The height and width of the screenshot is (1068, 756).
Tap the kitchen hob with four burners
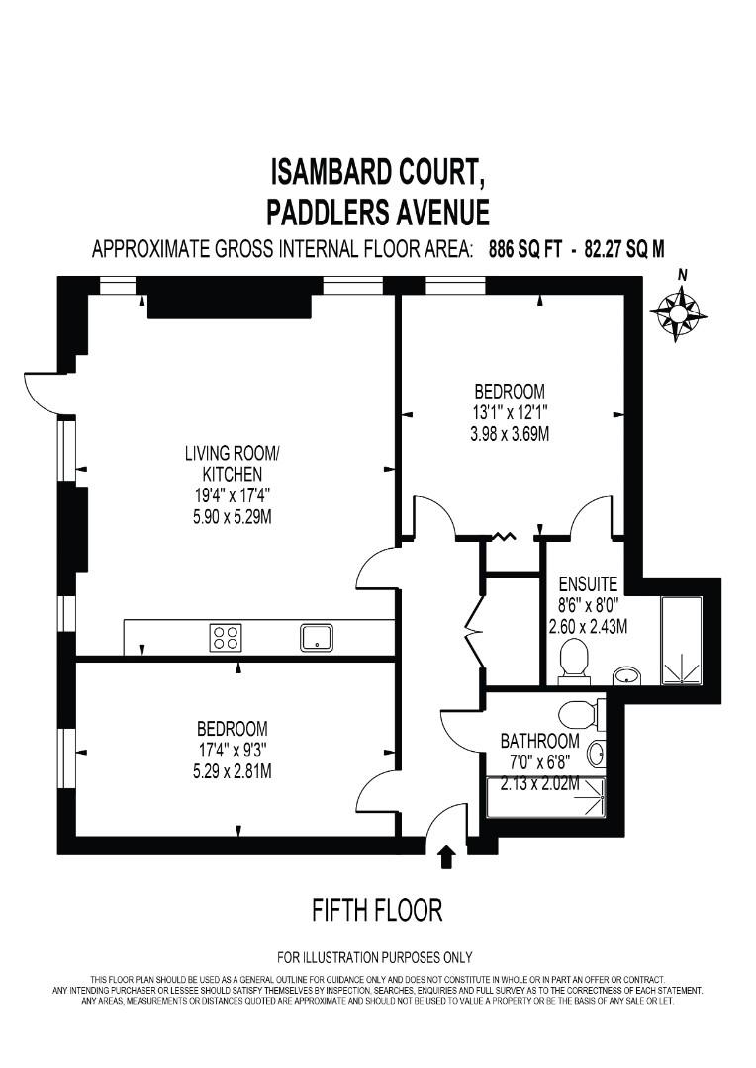tap(226, 637)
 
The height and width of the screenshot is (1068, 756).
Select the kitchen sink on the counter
tap(318, 637)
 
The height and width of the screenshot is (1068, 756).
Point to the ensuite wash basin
tap(624, 675)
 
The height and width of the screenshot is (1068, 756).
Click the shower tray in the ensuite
tap(681, 640)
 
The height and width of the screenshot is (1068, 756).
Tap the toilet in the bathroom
tap(579, 713)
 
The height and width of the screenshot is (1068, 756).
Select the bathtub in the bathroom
tap(546, 795)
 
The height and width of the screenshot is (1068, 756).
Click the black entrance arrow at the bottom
tap(446, 855)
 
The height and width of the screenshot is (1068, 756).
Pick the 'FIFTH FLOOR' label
tap(377, 910)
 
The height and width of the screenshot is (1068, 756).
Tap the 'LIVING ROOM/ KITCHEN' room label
tap(233, 464)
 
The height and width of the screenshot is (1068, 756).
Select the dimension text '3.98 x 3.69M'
tap(510, 434)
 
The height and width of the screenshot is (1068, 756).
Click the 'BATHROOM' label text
tap(539, 740)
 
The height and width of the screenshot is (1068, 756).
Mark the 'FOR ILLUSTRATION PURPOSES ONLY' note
tap(375, 957)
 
